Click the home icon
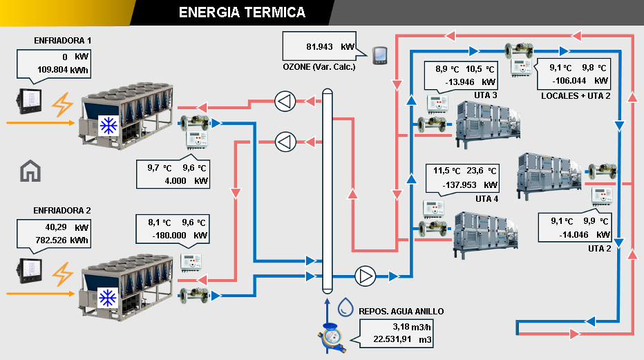pos(30,171)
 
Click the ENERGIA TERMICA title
pos(243,12)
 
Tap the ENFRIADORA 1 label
pos(62,41)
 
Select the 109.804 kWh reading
pos(62,70)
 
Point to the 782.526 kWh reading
pos(61,240)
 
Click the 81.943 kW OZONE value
pos(330,47)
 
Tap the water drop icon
pos(345,307)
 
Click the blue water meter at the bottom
pos(332,338)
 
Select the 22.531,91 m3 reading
pos(402,339)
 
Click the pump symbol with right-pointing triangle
pos(365,276)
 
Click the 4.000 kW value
pos(187,181)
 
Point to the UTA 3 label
pos(486,95)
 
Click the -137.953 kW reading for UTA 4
pos(470,185)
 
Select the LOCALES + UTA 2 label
pos(576,96)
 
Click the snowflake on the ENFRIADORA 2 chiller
pos(108,298)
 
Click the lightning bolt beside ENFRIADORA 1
pos(62,104)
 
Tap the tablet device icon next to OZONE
pos(380,55)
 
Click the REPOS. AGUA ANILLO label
pos(401,312)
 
